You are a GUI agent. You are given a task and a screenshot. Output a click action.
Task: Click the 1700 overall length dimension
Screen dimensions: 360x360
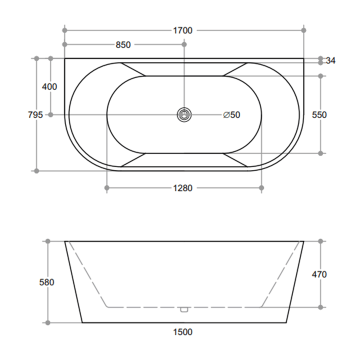click(182, 30)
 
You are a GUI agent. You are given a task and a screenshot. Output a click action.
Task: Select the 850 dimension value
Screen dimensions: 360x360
click(123, 45)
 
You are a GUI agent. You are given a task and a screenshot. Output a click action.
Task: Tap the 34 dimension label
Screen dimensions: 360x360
click(330, 60)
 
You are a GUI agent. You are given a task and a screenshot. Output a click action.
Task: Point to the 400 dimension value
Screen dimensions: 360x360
click(49, 86)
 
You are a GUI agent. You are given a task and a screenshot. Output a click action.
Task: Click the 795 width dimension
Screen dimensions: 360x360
click(34, 114)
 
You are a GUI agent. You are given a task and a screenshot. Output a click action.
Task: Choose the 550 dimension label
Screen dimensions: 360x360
click(319, 114)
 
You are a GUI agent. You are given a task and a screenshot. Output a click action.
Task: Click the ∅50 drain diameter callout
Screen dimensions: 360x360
click(231, 114)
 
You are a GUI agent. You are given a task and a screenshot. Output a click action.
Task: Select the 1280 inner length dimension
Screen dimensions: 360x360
click(182, 188)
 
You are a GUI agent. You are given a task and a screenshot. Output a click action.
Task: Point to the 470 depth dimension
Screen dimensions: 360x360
click(319, 274)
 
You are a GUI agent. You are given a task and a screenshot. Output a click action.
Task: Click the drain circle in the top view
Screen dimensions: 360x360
click(184, 114)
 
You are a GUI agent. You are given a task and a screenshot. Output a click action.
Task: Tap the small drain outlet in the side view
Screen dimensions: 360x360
click(184, 309)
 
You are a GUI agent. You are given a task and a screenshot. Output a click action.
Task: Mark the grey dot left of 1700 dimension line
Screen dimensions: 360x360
click(64, 30)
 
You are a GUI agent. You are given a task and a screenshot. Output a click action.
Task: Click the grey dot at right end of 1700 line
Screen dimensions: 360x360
click(303, 30)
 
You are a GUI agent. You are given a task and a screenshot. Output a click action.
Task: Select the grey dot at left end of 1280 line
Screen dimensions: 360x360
click(106, 188)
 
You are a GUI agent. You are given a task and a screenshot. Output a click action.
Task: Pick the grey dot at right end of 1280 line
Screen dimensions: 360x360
click(261, 188)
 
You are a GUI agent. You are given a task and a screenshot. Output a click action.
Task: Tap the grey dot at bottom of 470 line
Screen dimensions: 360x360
click(321, 307)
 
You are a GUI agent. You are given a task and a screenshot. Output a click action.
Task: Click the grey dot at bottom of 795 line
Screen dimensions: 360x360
click(36, 170)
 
